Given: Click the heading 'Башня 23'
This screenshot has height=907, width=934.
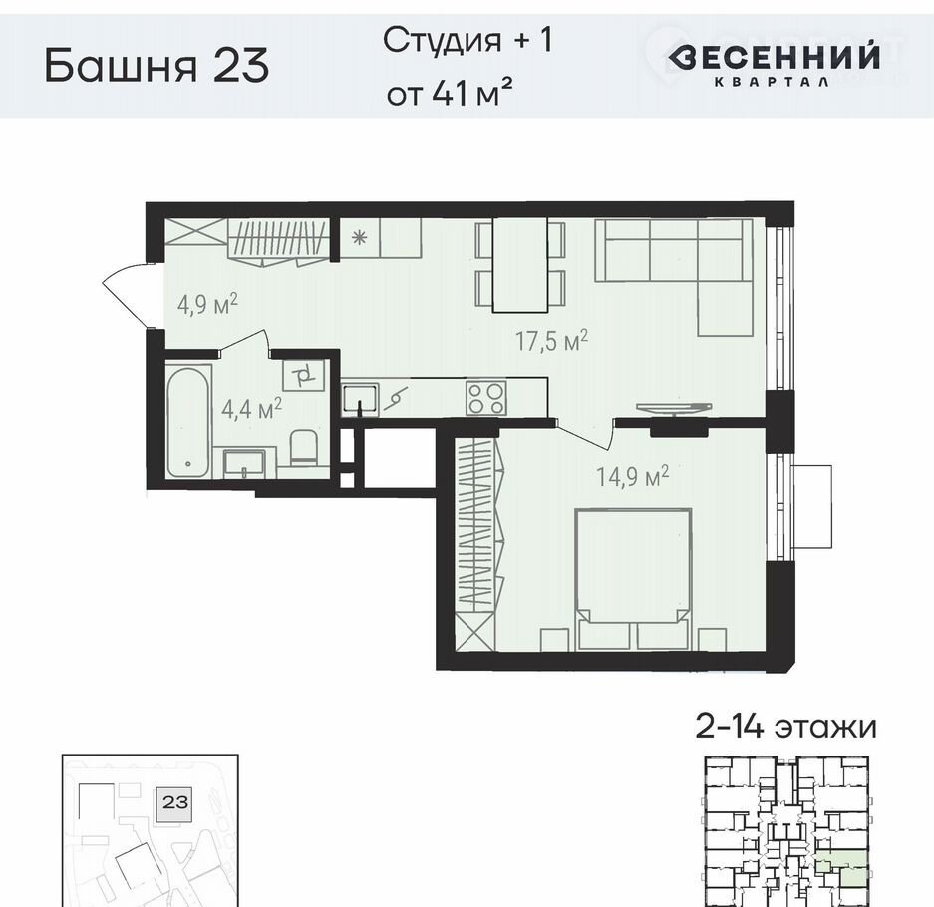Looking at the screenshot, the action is pyautogui.click(x=156, y=65).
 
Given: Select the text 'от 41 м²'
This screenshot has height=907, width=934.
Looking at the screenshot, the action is pyautogui.click(x=450, y=93).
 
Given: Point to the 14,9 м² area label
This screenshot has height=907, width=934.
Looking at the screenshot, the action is pyautogui.click(x=633, y=476).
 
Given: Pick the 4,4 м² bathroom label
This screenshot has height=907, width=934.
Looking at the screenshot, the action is pyautogui.click(x=251, y=409).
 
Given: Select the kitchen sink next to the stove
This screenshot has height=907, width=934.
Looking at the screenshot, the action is pyautogui.click(x=361, y=399).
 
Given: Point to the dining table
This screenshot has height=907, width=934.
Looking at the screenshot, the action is pyautogui.click(x=520, y=264).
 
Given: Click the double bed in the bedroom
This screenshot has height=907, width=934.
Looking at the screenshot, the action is pyautogui.click(x=634, y=578).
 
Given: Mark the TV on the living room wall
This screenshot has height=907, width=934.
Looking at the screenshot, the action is pyautogui.click(x=674, y=408).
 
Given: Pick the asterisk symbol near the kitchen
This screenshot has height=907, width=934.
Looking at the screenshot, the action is pyautogui.click(x=359, y=237).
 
